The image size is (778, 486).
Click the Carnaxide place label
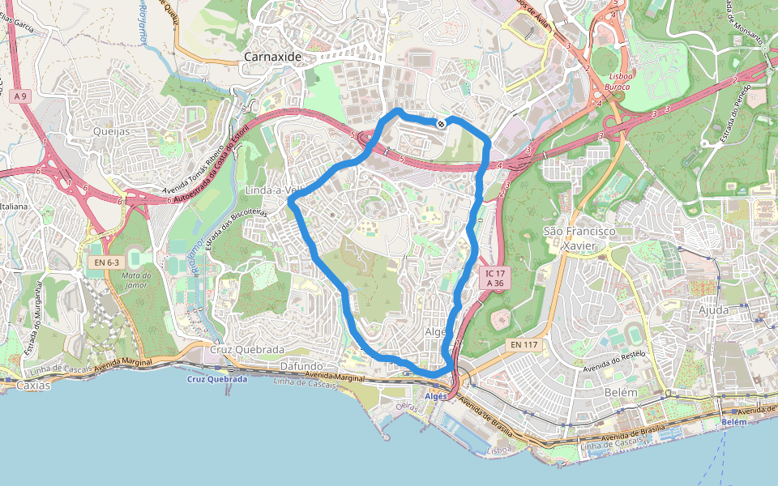(x=272, y=58)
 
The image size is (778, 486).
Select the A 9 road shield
(x=21, y=96)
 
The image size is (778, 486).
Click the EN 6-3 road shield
(x=105, y=262)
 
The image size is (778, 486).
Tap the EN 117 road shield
(x=525, y=345)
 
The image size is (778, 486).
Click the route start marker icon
(x=440, y=124)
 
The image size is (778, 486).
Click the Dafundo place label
(x=301, y=366)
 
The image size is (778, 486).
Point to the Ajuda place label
(x=712, y=309)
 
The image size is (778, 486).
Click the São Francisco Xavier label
(x=579, y=238)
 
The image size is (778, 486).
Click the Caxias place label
(x=32, y=386)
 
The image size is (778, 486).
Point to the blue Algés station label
(x=435, y=396)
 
